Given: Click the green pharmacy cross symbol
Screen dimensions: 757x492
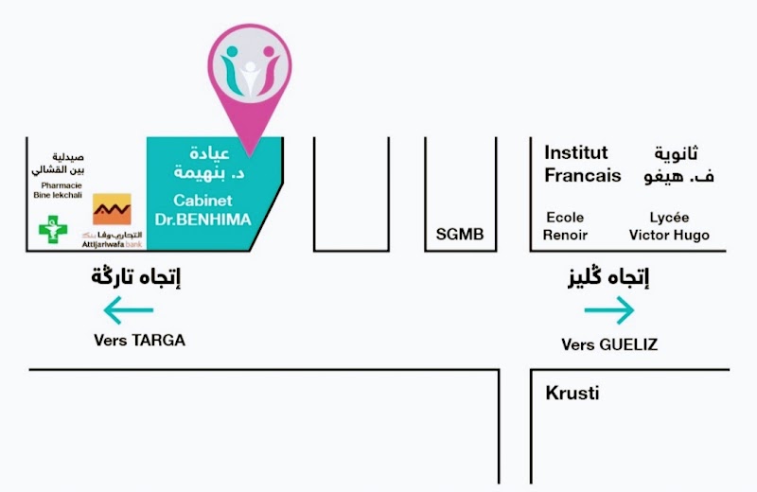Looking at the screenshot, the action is pyautogui.click(x=53, y=229).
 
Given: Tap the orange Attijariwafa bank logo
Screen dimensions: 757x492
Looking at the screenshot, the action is pyautogui.click(x=112, y=209).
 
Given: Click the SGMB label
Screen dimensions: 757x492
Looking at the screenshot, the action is pyautogui.click(x=460, y=234).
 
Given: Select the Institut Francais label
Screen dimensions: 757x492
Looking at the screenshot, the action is pyautogui.click(x=583, y=165).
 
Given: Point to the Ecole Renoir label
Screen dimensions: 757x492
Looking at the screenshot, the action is pyautogui.click(x=565, y=226).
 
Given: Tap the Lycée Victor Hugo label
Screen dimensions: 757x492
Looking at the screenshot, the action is pyautogui.click(x=669, y=226).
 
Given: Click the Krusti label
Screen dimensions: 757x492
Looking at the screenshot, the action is pyautogui.click(x=572, y=393).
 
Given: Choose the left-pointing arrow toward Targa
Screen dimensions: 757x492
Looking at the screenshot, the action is pyautogui.click(x=129, y=310).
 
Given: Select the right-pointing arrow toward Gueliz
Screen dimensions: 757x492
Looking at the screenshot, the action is pyautogui.click(x=609, y=310).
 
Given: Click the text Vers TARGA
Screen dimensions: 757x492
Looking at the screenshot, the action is pyautogui.click(x=139, y=341).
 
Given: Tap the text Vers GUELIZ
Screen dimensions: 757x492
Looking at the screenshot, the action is pyautogui.click(x=609, y=344).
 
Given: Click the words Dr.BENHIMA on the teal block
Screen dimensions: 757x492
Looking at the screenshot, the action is pyautogui.click(x=202, y=220).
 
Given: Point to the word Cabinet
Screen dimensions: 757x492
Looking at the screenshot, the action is pyautogui.click(x=202, y=201).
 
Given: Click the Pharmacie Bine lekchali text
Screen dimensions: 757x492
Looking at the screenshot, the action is pyautogui.click(x=59, y=190).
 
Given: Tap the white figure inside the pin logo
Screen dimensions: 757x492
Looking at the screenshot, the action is pyautogui.click(x=250, y=79).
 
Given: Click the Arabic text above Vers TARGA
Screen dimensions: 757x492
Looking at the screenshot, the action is pyautogui.click(x=136, y=276).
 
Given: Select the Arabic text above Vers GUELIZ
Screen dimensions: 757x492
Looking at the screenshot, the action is pyautogui.click(x=608, y=276).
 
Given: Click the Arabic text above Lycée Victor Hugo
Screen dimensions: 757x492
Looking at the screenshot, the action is pyautogui.click(x=678, y=166).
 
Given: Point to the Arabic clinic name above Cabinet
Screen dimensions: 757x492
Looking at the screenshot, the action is pyautogui.click(x=209, y=163).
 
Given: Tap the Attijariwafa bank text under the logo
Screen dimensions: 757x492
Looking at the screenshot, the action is pyautogui.click(x=112, y=240).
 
